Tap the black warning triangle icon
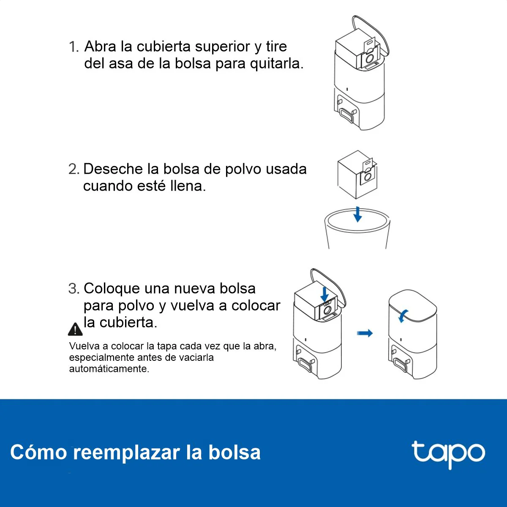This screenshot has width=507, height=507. coord(75,329)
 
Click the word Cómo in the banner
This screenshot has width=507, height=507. coord(38,452)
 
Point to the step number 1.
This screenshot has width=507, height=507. coord(74,47)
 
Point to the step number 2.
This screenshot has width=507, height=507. coord(74,169)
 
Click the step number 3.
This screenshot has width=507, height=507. coord(74,289)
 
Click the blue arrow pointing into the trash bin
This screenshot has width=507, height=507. coord(357,215)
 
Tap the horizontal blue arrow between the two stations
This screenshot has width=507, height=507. coord(365,333)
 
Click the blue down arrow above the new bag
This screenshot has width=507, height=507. coord(324,294)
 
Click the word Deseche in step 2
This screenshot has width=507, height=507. coord(113,169)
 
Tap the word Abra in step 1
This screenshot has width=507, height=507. coord(100,46)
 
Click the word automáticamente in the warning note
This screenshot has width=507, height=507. coord(109,369)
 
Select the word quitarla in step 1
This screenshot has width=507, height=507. coord(276,64)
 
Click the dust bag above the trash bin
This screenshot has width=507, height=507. coord(357,174)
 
